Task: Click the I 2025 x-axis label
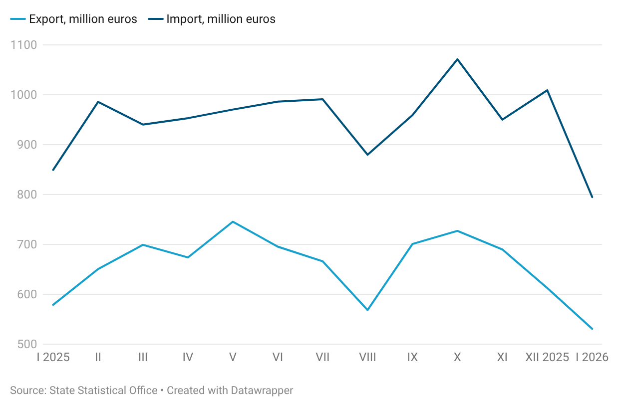point(53,357)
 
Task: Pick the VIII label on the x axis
point(367,357)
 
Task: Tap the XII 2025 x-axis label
point(547,357)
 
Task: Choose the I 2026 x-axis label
point(592,357)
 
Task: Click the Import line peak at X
point(457,59)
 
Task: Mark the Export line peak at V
point(233,221)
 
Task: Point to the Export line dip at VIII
point(367,310)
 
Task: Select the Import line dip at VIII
point(367,155)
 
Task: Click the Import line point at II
point(98,102)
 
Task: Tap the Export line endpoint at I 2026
point(592,329)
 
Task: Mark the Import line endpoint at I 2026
point(592,198)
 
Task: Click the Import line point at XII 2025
point(547,90)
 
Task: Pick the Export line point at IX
point(412,244)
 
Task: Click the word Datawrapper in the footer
point(262,391)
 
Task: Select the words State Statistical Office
point(103,391)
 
